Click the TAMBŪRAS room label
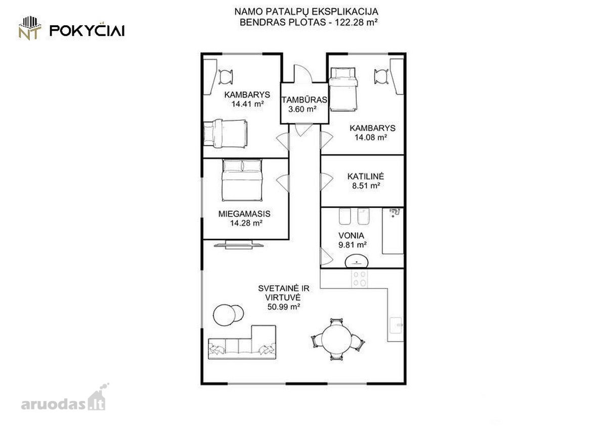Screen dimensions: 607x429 305,100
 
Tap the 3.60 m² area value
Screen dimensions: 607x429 302,109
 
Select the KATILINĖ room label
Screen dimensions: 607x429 366,176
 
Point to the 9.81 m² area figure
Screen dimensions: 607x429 353,245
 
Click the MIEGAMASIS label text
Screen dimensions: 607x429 244,214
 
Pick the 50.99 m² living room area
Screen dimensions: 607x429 284,307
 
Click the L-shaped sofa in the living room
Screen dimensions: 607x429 242,342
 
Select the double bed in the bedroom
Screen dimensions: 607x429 242,180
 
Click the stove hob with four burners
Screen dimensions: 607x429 360,279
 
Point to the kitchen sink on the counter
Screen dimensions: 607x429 396,325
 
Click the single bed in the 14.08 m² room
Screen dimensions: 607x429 343,89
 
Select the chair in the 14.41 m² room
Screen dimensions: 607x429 226,77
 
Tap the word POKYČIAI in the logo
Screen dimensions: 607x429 87,30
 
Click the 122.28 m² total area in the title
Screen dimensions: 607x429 356,22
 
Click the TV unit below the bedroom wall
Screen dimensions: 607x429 239,245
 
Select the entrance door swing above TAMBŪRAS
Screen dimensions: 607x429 303,73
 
